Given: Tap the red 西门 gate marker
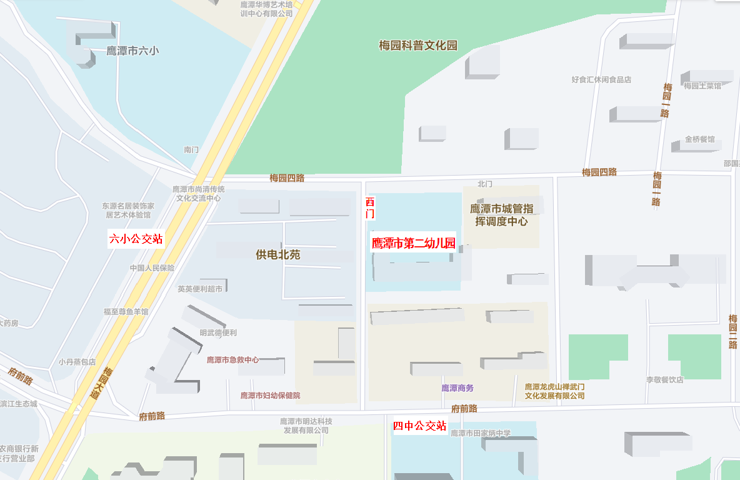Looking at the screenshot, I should pyautogui.click(x=370, y=208).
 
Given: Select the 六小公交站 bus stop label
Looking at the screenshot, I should pyautogui.click(x=136, y=239).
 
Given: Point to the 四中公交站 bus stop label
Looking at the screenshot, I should pyautogui.click(x=420, y=426).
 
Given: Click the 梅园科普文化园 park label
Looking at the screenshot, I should pyautogui.click(x=418, y=46).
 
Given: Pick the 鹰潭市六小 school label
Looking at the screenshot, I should pyautogui.click(x=132, y=51).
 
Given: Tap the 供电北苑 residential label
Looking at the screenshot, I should pyautogui.click(x=278, y=255).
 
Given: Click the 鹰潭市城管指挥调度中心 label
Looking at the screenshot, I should pyautogui.click(x=502, y=215).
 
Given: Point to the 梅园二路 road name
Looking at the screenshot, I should pyautogui.click(x=733, y=331).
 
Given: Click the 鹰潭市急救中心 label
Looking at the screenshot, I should pyautogui.click(x=233, y=360).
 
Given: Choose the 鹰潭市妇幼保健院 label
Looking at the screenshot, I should pyautogui.click(x=271, y=396).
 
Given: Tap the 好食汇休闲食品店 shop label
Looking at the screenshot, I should pyautogui.click(x=601, y=79).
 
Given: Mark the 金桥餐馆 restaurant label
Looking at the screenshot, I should pyautogui.click(x=699, y=139).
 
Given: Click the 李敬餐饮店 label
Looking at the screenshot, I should pyautogui.click(x=664, y=379).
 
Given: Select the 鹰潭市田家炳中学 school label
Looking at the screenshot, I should pyautogui.click(x=481, y=433).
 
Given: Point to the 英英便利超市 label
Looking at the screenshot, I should pyautogui.click(x=199, y=289).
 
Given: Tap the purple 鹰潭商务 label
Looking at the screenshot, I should pyautogui.click(x=457, y=388).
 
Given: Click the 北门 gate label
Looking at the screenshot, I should pyautogui.click(x=485, y=184).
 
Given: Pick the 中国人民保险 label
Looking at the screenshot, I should pyautogui.click(x=152, y=268).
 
